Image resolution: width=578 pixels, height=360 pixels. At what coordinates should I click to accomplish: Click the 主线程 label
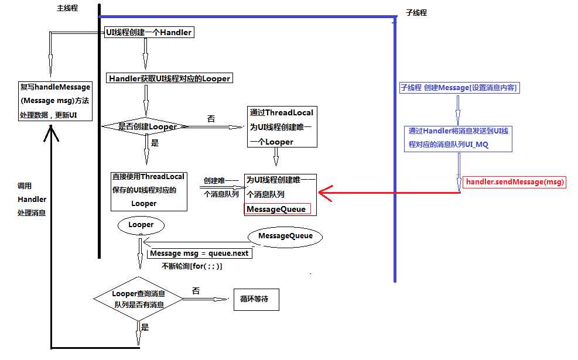67,8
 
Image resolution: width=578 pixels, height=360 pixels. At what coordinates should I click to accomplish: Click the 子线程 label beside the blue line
416,12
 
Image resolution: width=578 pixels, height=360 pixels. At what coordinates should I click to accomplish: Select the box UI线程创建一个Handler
148,33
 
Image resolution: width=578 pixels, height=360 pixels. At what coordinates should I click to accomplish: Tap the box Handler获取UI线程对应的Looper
169,78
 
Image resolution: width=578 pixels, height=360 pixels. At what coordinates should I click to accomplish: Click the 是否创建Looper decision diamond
146,126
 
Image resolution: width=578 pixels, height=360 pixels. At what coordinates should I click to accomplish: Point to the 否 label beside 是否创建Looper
211,118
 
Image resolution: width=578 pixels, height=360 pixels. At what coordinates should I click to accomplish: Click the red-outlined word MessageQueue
276,209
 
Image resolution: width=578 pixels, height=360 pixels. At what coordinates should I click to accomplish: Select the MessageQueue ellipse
285,236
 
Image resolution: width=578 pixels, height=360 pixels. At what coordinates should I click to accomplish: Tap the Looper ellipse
141,225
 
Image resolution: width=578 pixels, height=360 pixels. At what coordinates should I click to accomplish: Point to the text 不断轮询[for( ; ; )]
191,266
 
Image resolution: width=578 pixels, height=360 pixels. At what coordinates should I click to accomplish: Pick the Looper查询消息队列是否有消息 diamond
139,299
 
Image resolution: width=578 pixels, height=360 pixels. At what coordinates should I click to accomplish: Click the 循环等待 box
254,299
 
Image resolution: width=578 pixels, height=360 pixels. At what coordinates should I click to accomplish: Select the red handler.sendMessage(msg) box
515,182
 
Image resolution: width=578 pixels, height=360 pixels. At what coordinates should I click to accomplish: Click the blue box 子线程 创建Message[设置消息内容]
458,88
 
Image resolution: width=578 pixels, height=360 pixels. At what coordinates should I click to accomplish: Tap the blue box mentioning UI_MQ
458,138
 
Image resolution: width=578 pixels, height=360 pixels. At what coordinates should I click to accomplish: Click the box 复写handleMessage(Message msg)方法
56,101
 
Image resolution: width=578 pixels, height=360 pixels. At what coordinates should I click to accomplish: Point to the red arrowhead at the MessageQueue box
323,192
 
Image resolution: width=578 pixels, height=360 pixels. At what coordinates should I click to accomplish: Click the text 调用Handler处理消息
32,199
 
